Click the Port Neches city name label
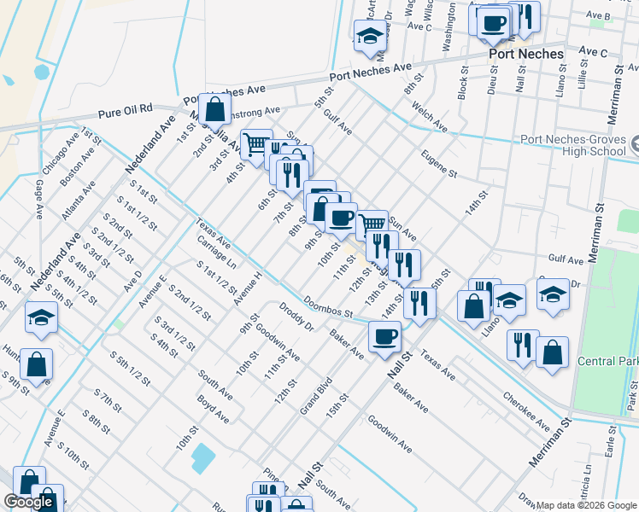point(526,54)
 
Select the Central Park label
point(607,362)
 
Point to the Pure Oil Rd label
point(125,109)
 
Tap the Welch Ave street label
point(429,118)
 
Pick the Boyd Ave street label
point(213,408)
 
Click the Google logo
point(30,502)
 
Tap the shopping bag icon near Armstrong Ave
point(215,108)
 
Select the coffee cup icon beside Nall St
point(384,335)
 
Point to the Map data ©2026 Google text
point(586,505)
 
